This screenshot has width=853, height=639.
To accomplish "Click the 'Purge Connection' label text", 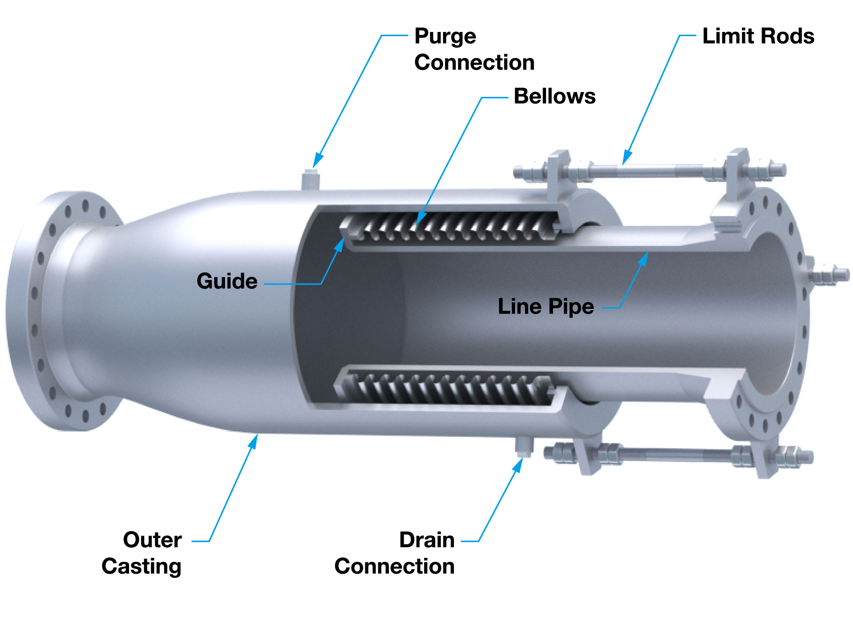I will [x=474, y=49].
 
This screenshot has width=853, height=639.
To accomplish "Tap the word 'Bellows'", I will [x=554, y=96].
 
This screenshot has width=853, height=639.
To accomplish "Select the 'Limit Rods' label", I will [x=758, y=36].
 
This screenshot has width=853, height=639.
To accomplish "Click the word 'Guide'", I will [x=227, y=281].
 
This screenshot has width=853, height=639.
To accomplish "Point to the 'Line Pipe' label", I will [x=546, y=307].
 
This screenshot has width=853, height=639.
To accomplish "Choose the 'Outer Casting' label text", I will [x=147, y=553].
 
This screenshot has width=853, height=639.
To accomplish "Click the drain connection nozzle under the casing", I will [x=524, y=447].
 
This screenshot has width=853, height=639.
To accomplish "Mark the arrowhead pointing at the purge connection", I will [x=318, y=161].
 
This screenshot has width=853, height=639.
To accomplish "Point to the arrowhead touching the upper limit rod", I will [x=627, y=158].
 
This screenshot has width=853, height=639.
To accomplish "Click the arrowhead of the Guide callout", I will [x=339, y=244].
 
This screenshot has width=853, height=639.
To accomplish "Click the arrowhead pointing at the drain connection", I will [x=519, y=464].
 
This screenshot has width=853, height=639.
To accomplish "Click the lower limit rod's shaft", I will [x=675, y=454].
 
